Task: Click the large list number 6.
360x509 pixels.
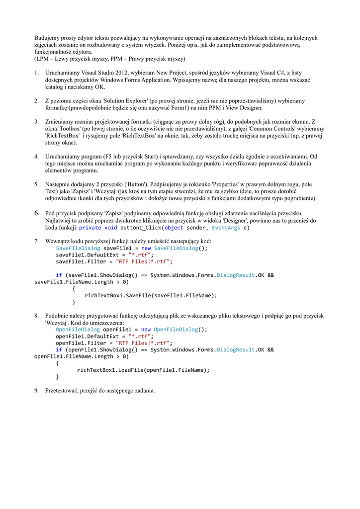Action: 36,213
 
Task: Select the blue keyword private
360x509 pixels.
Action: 90,228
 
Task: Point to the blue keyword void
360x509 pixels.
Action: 111,228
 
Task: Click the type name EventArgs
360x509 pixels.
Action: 226,228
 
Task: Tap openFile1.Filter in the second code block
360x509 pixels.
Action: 81,343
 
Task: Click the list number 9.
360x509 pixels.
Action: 36,391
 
